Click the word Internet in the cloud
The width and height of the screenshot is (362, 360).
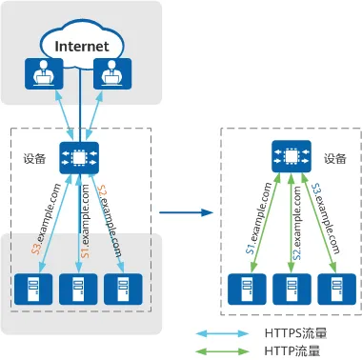(82, 47)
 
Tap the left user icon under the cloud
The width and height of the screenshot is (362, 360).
(44, 73)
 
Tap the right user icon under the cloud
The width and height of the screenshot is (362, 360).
(112, 73)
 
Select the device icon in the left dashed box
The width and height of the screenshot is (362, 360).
(79, 158)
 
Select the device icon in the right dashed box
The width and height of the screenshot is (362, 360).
(292, 156)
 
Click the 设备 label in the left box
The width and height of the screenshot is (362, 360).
(34, 158)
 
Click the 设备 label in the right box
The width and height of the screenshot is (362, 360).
(335, 158)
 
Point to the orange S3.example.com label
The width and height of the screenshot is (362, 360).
(48, 219)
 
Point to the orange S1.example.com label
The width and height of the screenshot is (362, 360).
(85, 221)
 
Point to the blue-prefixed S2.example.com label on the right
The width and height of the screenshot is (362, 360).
(296, 223)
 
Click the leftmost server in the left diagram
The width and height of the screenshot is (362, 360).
(33, 289)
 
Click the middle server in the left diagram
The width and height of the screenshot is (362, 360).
(78, 289)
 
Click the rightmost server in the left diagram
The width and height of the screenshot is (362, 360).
(123, 289)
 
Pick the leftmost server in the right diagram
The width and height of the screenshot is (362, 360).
(247, 289)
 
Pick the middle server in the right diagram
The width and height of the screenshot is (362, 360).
(292, 289)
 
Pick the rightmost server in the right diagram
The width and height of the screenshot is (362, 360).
(337, 289)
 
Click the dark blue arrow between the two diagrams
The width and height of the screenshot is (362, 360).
(186, 212)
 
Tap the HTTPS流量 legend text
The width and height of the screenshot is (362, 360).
(295, 333)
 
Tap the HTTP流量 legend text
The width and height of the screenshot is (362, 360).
(292, 351)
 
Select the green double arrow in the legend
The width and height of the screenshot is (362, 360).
(222, 351)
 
